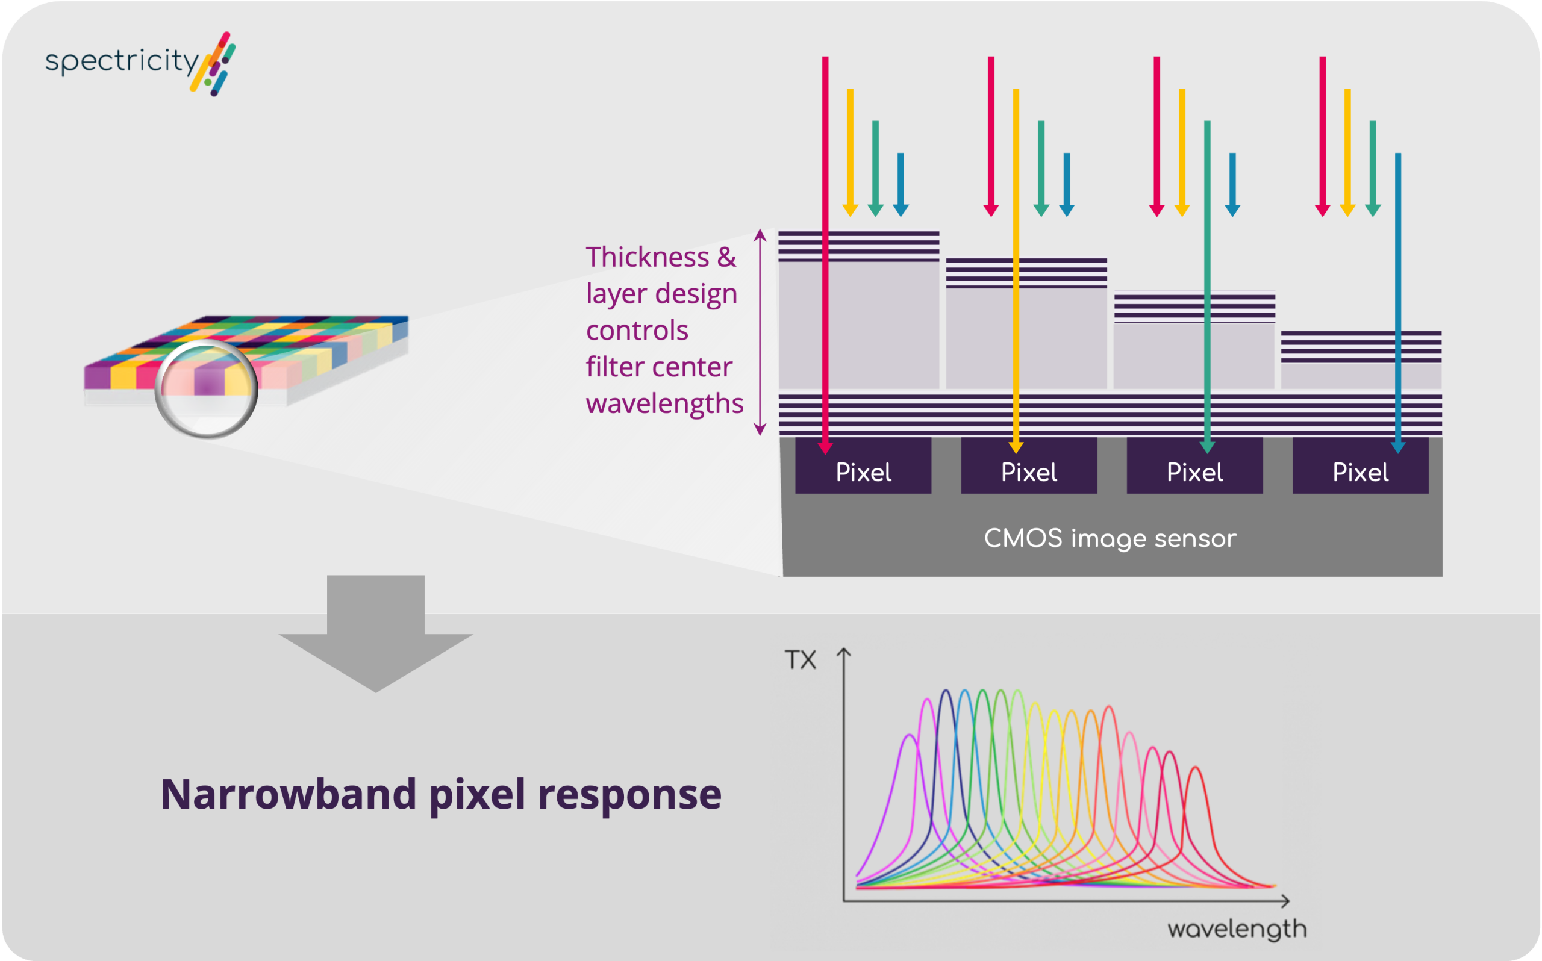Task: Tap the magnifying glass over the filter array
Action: click(x=207, y=389)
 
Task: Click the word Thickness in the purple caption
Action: click(x=646, y=258)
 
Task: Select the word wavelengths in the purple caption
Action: click(x=664, y=403)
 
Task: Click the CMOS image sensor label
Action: click(x=1110, y=538)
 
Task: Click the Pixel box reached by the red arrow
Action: click(x=863, y=472)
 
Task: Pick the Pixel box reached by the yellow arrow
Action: click(x=1028, y=472)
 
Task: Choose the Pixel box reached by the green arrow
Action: click(x=1194, y=472)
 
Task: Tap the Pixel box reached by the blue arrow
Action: click(x=1360, y=472)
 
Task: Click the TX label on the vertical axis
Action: click(x=799, y=660)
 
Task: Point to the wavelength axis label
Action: click(x=1237, y=929)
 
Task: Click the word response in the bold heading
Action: click(x=629, y=794)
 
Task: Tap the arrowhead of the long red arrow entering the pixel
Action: click(x=825, y=448)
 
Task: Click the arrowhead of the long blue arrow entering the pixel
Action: click(x=1397, y=447)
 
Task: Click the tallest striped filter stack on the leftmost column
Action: click(x=859, y=247)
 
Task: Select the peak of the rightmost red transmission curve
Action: click(x=1196, y=768)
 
